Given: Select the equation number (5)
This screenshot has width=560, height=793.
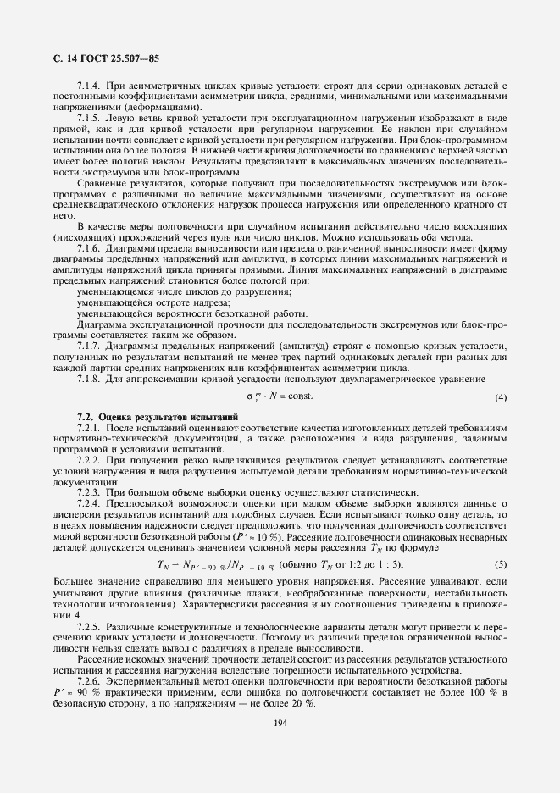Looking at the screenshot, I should pyautogui.click(x=501, y=564).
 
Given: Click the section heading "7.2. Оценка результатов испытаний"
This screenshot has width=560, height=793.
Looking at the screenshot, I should pyautogui.click(x=158, y=418).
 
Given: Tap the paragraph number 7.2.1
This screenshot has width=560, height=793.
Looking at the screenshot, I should pyautogui.click(x=89, y=429).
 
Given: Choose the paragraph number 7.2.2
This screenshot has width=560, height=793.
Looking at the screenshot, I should pyautogui.click(x=89, y=458).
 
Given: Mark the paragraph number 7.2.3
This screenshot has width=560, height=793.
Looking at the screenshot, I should pyautogui.click(x=89, y=491).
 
